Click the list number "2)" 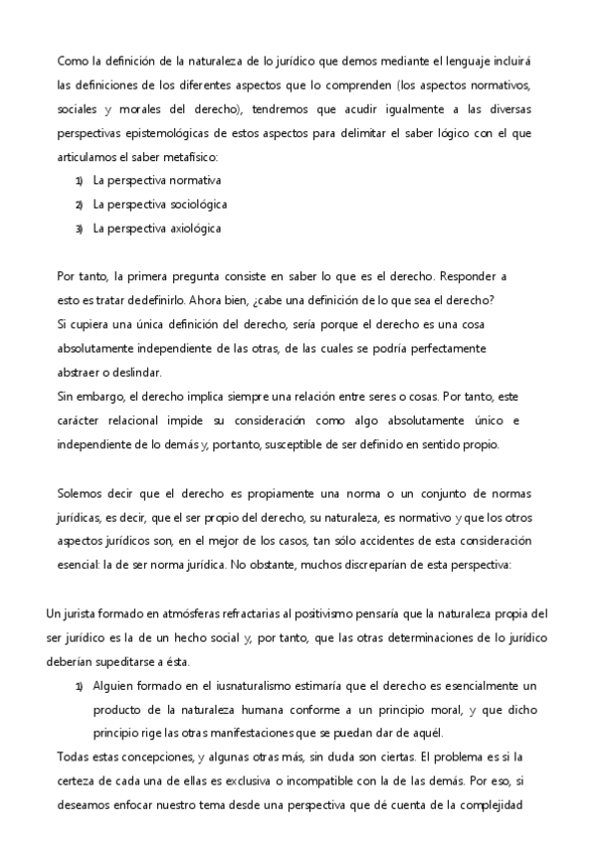click(x=79, y=205)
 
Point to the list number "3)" click(x=79, y=229)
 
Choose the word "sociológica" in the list click(x=189, y=205)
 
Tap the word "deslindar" click(x=127, y=373)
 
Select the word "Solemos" click(x=80, y=493)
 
